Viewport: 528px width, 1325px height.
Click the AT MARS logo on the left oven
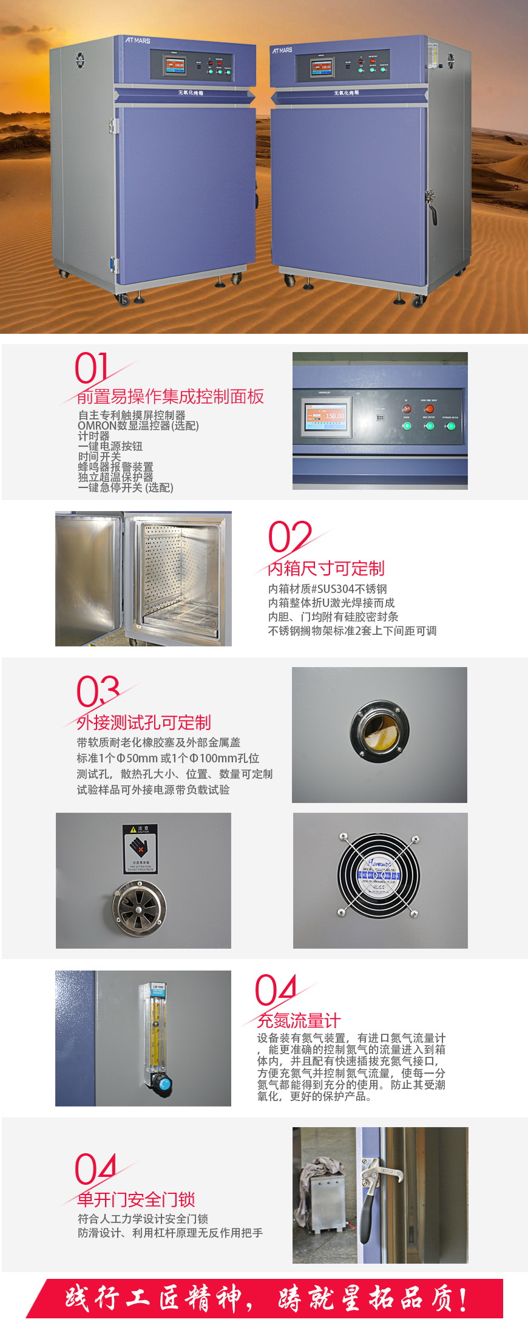click(x=137, y=40)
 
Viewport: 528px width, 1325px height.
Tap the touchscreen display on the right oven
click(x=322, y=67)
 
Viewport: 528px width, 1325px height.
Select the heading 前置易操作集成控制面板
click(x=171, y=396)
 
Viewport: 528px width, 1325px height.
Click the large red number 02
click(x=289, y=537)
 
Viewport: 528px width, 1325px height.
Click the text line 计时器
click(x=93, y=436)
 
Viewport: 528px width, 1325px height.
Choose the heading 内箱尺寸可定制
click(x=326, y=568)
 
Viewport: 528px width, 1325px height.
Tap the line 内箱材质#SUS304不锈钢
click(x=327, y=589)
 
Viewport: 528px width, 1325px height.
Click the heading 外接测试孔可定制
click(x=144, y=722)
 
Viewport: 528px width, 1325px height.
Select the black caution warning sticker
click(x=140, y=849)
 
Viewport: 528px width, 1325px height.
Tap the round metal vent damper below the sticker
click(x=139, y=905)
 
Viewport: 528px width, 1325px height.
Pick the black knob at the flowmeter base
click(x=162, y=1083)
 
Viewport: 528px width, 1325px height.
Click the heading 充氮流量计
click(x=299, y=1020)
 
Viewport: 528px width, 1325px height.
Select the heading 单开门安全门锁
click(x=136, y=1199)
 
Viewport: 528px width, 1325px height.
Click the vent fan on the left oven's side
click(x=80, y=61)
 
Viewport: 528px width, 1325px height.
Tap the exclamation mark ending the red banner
click(x=464, y=1299)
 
